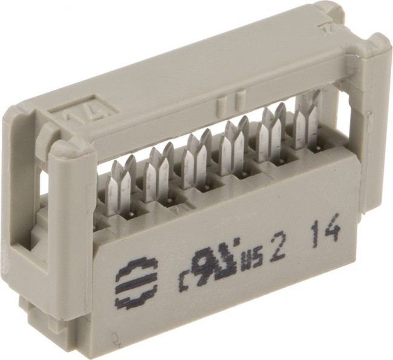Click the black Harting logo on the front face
(x=136, y=282)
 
